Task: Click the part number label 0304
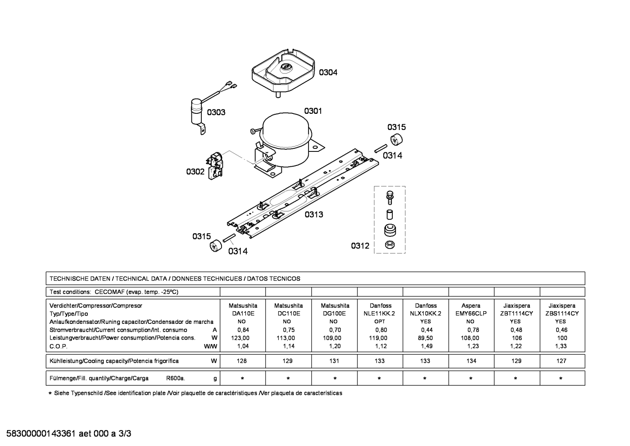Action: point(328,73)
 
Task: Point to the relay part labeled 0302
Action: point(215,166)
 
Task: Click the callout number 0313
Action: point(314,215)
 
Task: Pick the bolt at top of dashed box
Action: point(390,197)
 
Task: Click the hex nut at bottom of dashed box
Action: point(390,245)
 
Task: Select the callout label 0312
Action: point(360,246)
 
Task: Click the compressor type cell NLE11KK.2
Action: point(379,313)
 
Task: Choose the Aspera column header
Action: point(471,306)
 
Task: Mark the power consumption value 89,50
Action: point(426,338)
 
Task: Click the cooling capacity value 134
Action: point(471,361)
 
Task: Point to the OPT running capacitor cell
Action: point(380,322)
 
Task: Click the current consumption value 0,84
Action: point(243,330)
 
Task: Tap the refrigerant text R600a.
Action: point(176,378)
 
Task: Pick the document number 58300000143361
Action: point(41,433)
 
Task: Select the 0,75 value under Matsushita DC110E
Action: point(289,330)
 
